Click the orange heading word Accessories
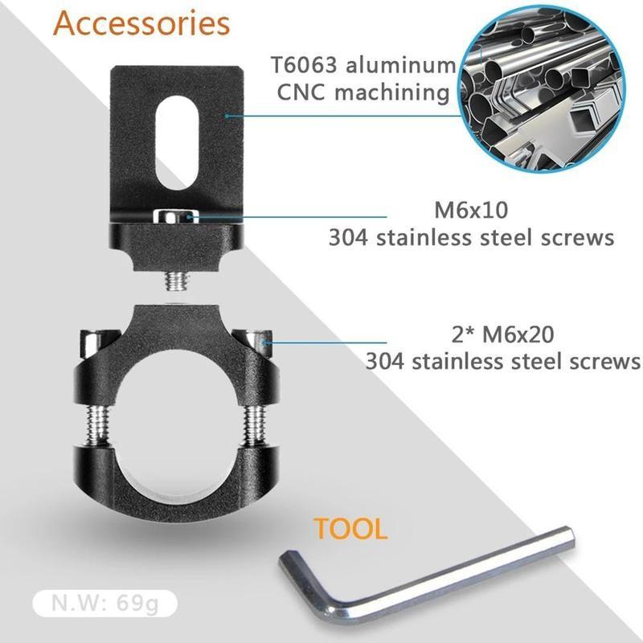point(141,23)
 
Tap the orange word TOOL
point(350,529)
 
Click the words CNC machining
point(363,92)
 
